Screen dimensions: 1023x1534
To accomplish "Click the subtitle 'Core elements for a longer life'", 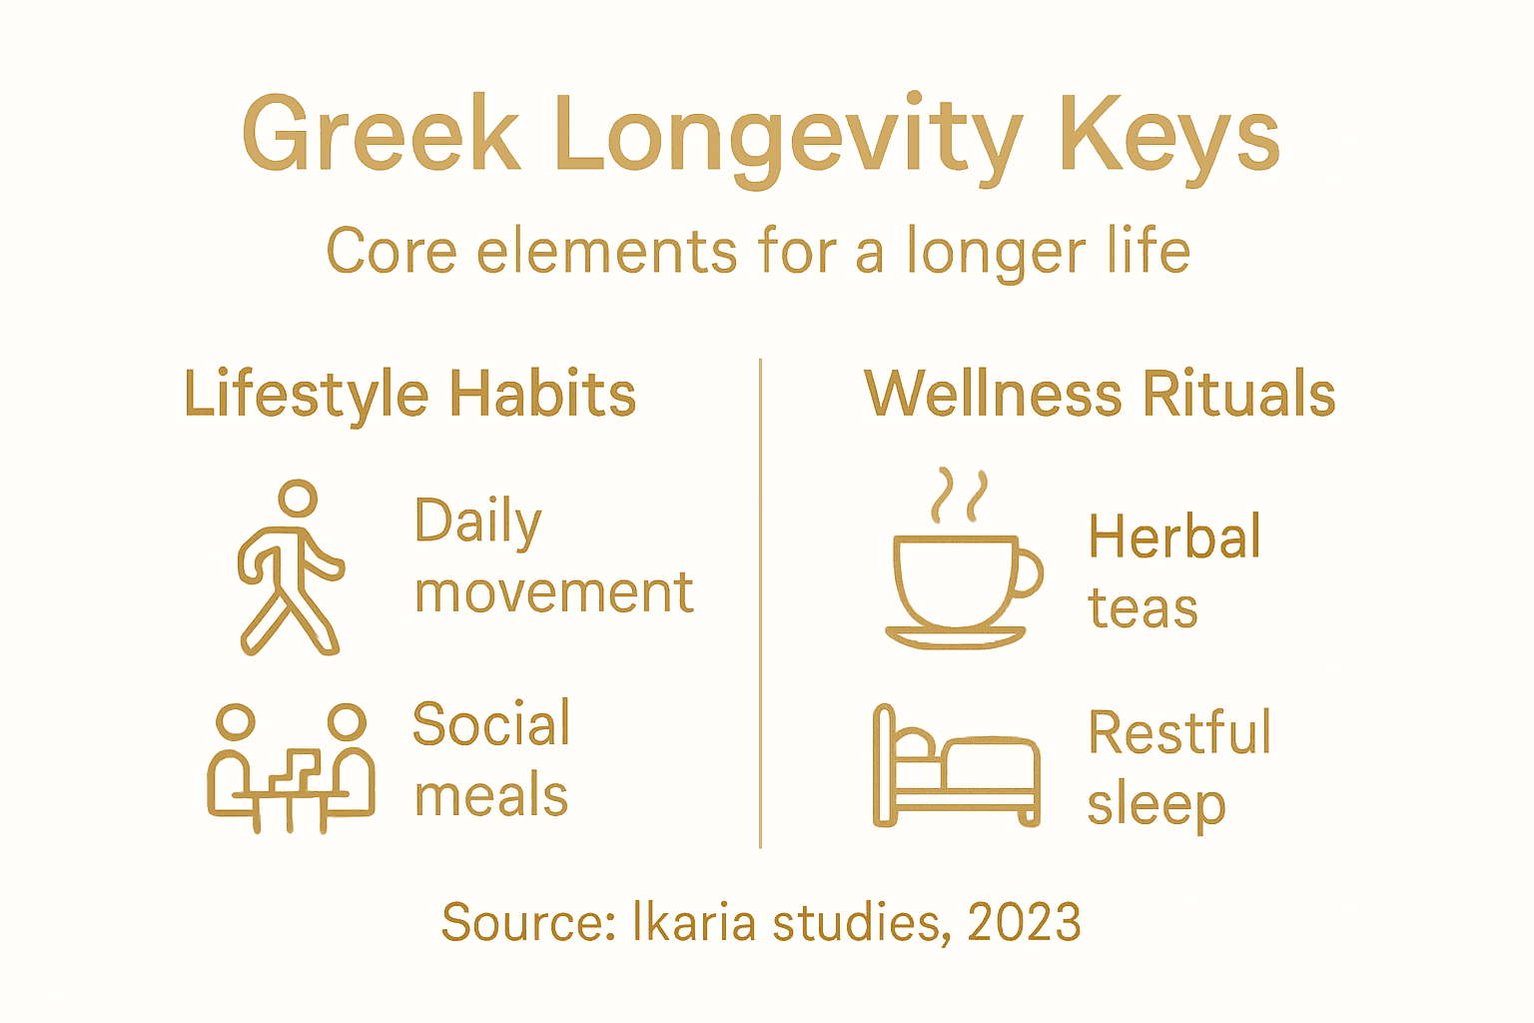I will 758,251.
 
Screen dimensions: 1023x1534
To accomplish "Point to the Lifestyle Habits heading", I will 409,394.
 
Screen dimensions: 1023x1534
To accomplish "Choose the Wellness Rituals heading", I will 1100,394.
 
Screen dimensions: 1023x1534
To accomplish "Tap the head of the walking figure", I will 298,498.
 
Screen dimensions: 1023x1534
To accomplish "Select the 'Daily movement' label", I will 553,556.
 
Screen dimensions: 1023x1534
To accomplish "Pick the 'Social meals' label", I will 491,759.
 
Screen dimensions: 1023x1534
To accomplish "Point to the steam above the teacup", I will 959,496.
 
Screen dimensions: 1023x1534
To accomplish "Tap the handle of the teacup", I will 1028,573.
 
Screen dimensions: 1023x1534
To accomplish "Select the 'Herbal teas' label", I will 1174,572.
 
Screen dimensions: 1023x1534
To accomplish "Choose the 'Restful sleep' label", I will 1178,768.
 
